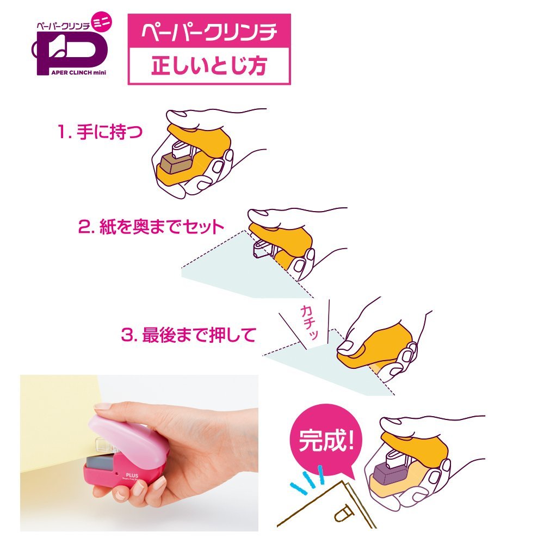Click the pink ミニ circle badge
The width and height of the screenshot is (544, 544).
pos(101,22)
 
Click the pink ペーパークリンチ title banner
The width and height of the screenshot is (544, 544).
pos(209,30)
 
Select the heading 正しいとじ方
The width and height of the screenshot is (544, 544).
pos(209,66)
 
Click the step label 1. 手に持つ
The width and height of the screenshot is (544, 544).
pos(100,132)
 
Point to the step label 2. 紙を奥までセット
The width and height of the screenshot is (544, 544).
pos(151,227)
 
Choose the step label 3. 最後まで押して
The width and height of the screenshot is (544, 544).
pos(189,335)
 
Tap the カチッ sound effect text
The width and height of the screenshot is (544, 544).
pos(309,322)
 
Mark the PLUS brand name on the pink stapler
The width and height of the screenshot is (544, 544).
pos(132,475)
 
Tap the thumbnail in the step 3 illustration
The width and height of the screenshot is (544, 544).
pos(345,346)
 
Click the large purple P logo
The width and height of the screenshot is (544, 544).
pos(70,52)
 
